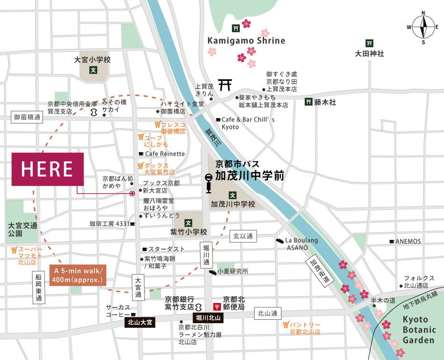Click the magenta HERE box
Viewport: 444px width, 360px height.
click(x=47, y=169)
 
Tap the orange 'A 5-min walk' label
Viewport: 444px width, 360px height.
click(x=78, y=275)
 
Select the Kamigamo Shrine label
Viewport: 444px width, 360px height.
click(x=246, y=41)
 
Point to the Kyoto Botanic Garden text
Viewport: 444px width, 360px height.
click(x=419, y=330)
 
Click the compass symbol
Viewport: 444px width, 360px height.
click(x=423, y=27)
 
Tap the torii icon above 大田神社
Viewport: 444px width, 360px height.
click(x=369, y=43)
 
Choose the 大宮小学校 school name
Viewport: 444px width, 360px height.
click(x=93, y=60)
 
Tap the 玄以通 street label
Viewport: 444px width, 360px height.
click(x=243, y=237)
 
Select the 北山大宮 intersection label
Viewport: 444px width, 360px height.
click(x=140, y=322)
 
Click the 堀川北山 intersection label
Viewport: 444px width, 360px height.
click(x=208, y=317)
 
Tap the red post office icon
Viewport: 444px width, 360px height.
click(x=217, y=307)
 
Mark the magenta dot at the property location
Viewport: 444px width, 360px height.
click(x=132, y=193)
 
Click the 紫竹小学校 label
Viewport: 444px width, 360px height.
click(x=188, y=232)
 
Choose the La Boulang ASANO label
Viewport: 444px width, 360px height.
click(x=302, y=244)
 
